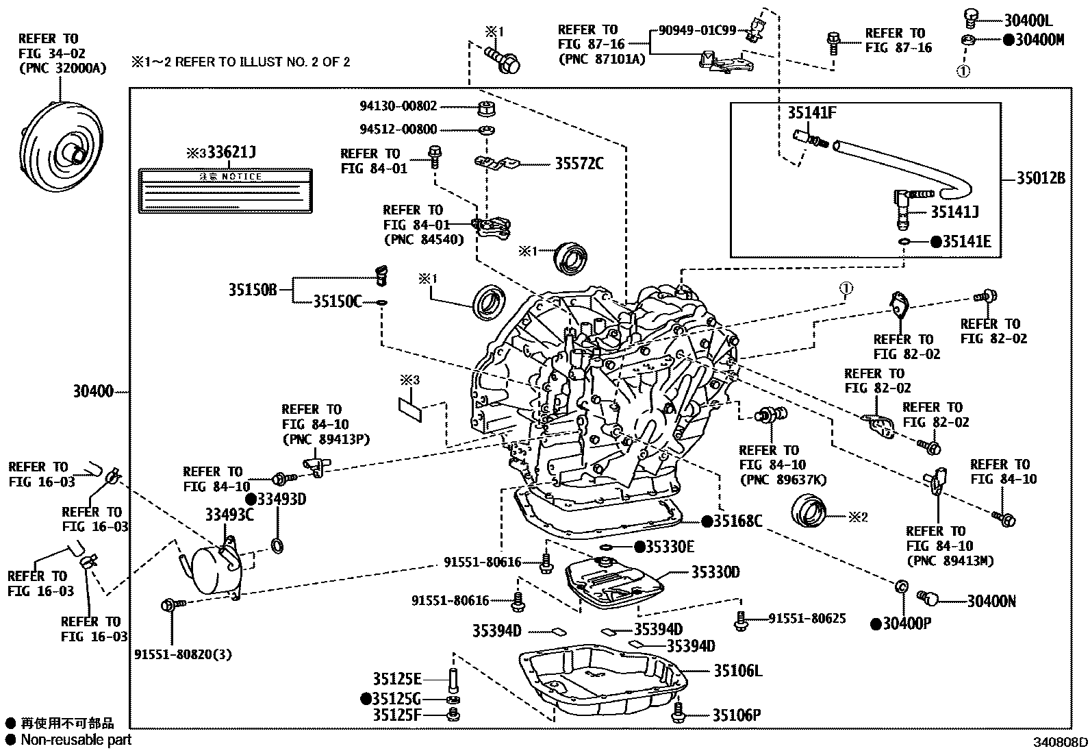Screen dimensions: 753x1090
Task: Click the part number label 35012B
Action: click(1040, 179)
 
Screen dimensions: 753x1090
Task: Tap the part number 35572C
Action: click(579, 164)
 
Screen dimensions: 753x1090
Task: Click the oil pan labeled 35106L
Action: click(603, 682)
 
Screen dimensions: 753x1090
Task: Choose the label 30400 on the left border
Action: click(93, 393)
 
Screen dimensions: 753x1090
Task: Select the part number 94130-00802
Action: click(398, 106)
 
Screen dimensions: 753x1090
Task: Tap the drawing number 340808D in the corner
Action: click(1061, 742)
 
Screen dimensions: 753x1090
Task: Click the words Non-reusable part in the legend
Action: click(75, 740)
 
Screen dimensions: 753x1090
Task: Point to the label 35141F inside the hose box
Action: click(811, 114)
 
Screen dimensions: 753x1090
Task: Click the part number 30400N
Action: click(991, 602)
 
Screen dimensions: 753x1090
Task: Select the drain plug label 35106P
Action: click(736, 716)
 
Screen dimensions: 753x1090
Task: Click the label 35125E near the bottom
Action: click(397, 679)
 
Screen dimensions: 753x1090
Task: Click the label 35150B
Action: click(252, 290)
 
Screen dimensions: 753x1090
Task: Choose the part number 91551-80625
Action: click(807, 619)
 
